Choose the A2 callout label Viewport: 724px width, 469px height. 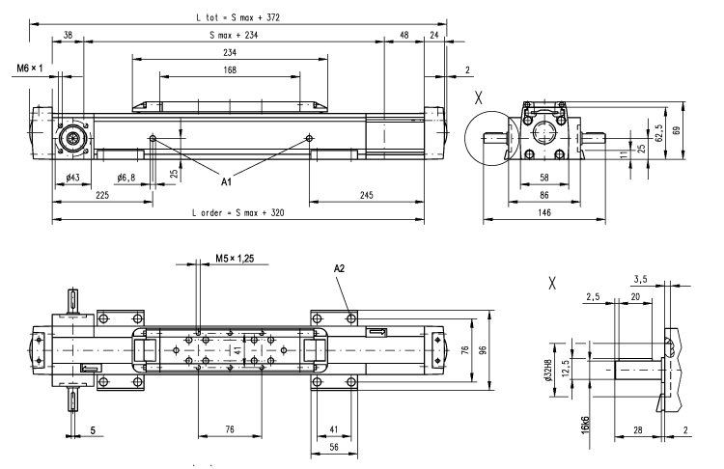pyautogui.click(x=339, y=267)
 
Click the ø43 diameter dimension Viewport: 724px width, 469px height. pyautogui.click(x=72, y=179)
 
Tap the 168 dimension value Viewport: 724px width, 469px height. pyautogui.click(x=231, y=69)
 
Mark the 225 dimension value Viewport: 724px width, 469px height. pyautogui.click(x=101, y=195)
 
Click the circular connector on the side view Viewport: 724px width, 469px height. pyautogui.click(x=70, y=138)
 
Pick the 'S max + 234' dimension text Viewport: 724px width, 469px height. pyautogui.click(x=237, y=35)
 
